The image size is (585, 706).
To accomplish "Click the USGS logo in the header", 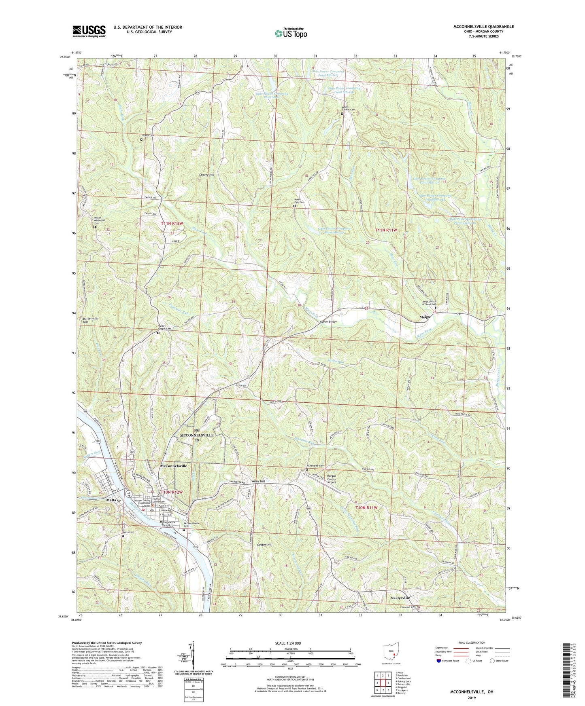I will [89, 31].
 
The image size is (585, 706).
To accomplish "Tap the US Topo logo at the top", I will [290, 33].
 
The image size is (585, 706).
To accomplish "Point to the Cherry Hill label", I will [206, 175].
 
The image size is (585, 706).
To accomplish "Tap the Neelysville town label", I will [400, 597].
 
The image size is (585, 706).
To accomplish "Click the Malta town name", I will [111, 500].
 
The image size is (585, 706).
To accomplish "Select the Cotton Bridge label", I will [328, 322].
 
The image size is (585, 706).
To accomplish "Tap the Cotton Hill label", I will [265, 545].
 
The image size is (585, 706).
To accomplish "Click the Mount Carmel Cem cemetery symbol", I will [342, 114].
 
